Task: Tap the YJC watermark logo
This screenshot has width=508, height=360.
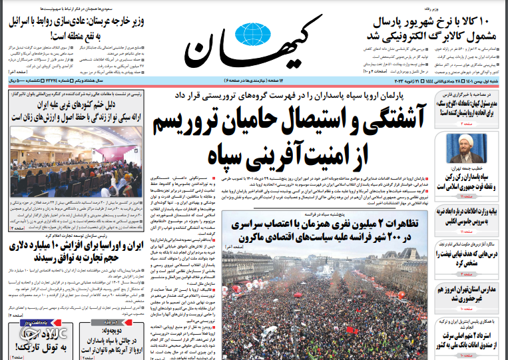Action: pyautogui.click(x=30, y=332)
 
